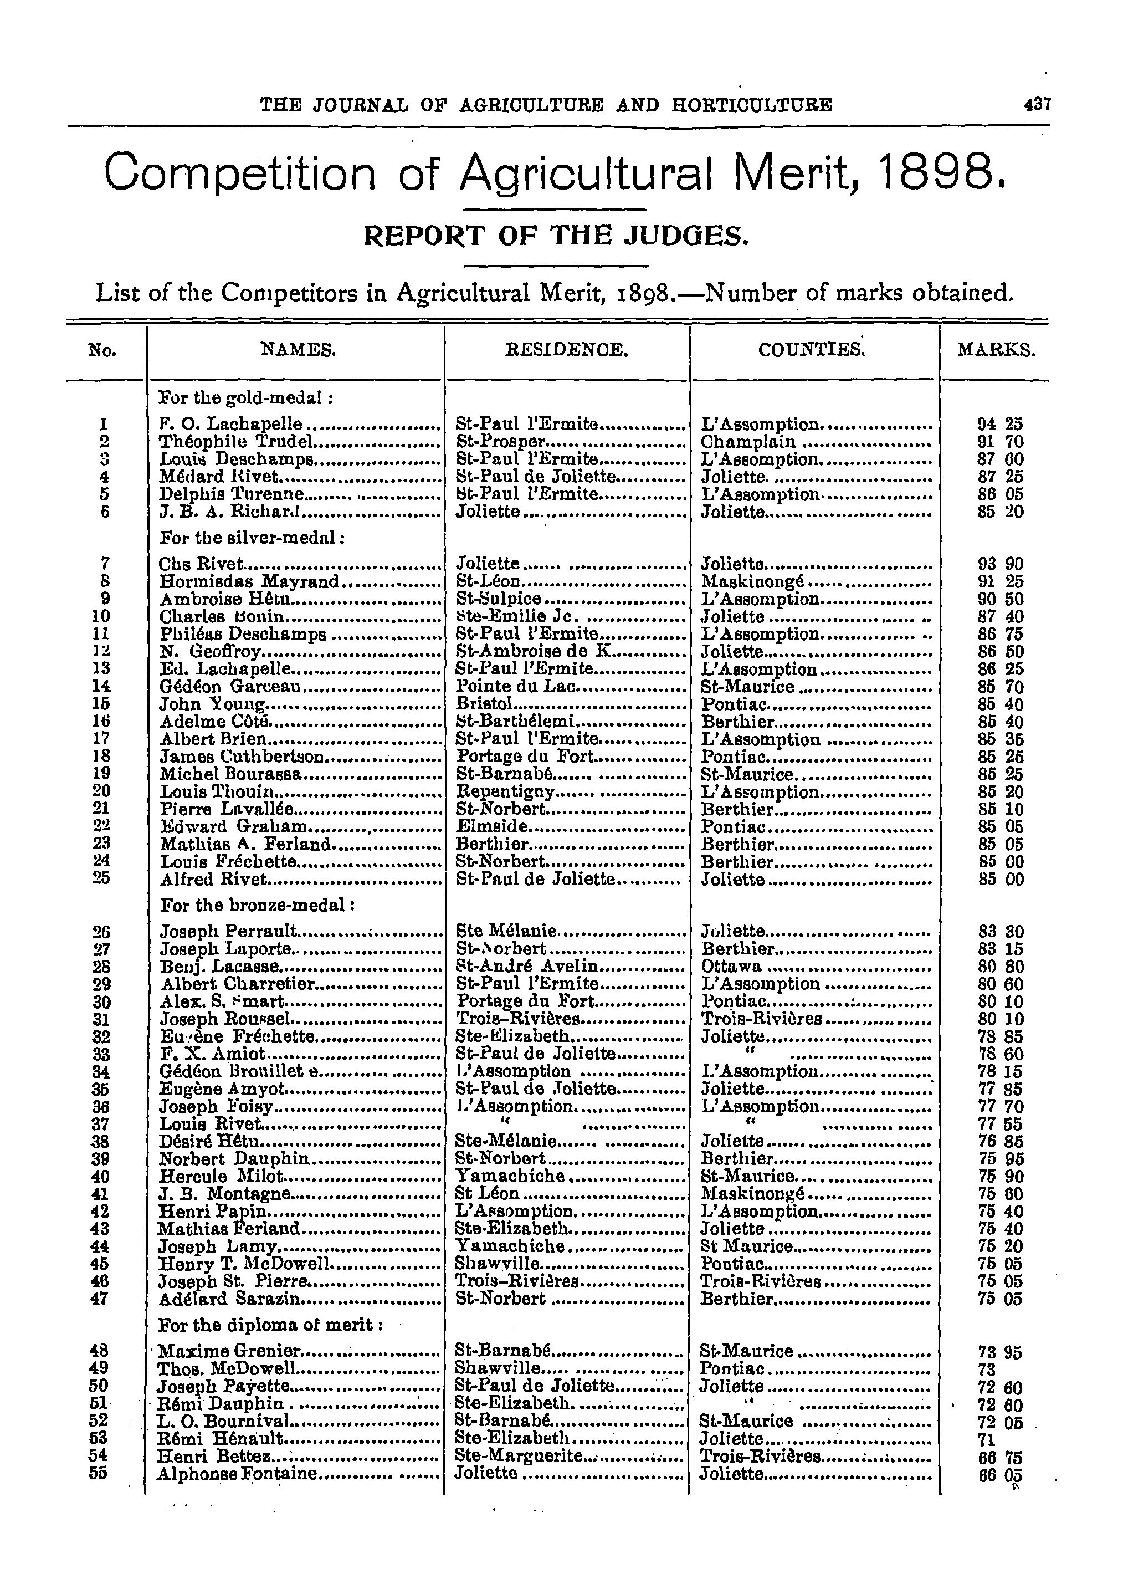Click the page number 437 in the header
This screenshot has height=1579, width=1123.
tap(1037, 105)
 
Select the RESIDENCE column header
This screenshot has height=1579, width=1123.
tap(567, 351)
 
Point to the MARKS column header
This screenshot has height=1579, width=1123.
tap(996, 351)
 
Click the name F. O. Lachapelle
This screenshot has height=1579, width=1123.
tap(231, 424)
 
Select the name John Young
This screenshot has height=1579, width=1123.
tap(213, 705)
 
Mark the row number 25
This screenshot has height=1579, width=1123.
tap(101, 879)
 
